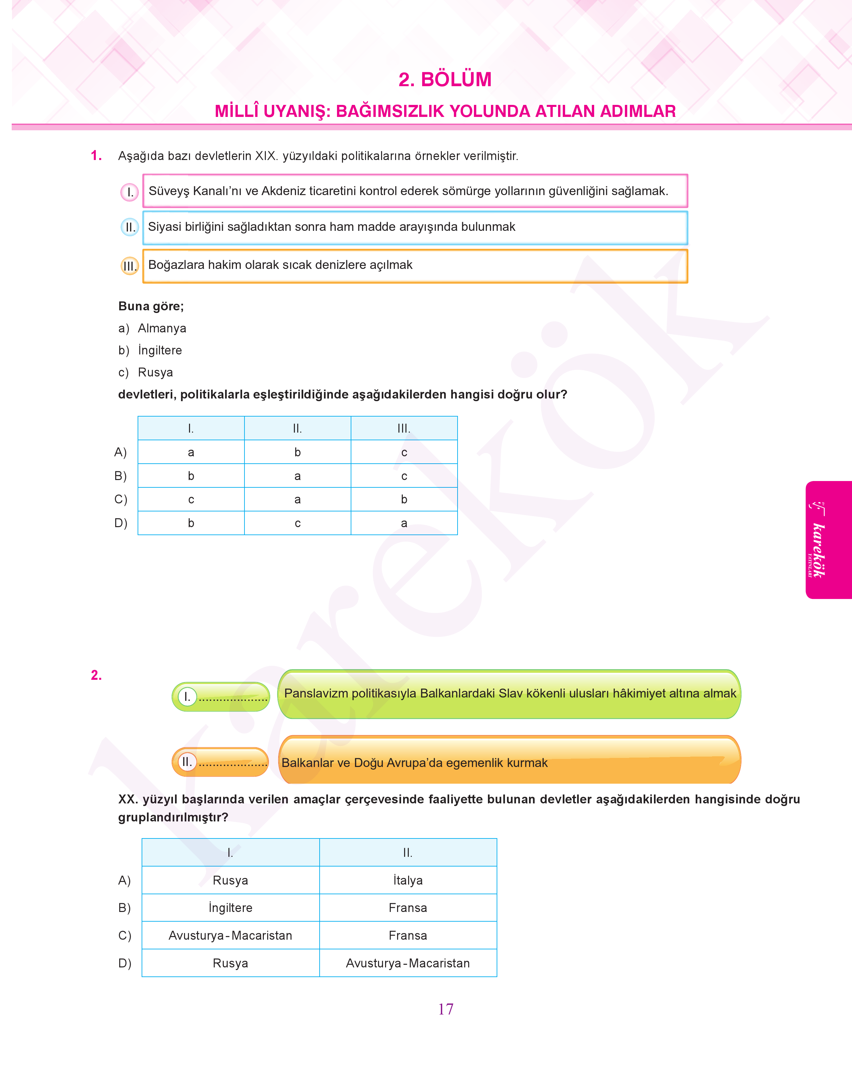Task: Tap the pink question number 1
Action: tap(96, 156)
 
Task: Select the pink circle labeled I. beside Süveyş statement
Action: tap(130, 192)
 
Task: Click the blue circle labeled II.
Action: tap(130, 227)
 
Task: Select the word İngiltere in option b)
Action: tap(160, 350)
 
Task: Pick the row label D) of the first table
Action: tap(121, 523)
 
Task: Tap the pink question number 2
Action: tap(96, 675)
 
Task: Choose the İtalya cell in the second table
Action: tap(407, 881)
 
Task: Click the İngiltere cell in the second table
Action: tap(230, 908)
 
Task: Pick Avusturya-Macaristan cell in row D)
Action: tap(407, 963)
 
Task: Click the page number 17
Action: tap(446, 1009)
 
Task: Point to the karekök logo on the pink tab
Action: tap(818, 540)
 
